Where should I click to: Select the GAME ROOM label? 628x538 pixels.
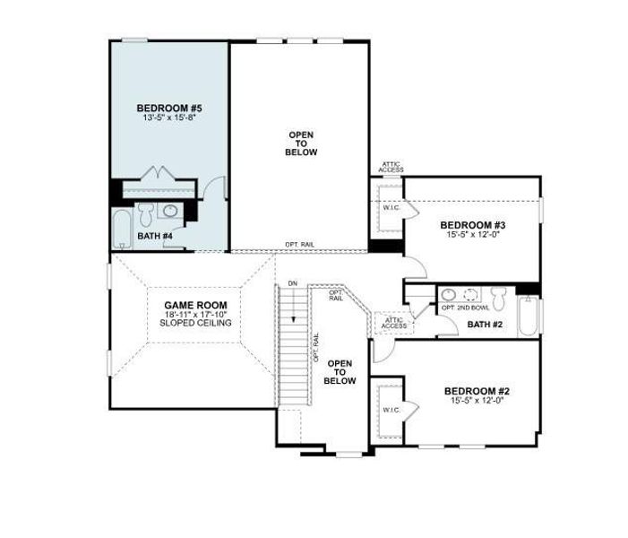[195, 305]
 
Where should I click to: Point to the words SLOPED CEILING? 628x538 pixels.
[195, 323]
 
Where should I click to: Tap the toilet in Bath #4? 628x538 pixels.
[145, 213]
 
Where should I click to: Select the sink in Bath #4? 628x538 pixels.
[171, 212]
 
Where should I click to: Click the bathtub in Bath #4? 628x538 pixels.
[122, 230]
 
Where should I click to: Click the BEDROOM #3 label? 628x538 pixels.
[473, 225]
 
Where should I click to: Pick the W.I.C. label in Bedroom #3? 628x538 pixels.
[391, 208]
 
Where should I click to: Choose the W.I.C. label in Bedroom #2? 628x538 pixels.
[391, 410]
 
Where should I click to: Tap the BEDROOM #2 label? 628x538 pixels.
[477, 391]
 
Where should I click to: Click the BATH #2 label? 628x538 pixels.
[485, 324]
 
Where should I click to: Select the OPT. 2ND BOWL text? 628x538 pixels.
[462, 308]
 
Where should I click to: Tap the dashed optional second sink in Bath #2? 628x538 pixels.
[472, 294]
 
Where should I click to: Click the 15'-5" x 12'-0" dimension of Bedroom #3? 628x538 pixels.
[473, 235]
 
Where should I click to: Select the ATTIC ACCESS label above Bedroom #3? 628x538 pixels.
[391, 167]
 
